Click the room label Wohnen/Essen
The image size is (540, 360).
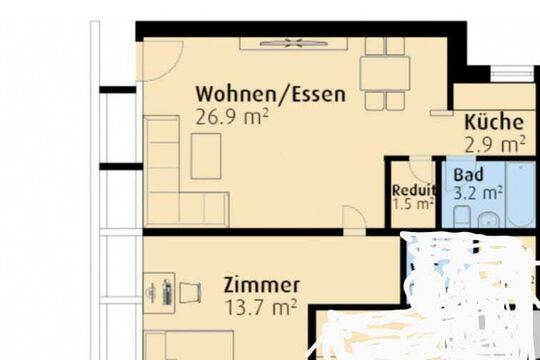(x=270, y=94)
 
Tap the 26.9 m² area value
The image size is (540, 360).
(x=231, y=117)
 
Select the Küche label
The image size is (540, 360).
(x=494, y=122)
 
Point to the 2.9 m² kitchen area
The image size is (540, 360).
(x=495, y=144)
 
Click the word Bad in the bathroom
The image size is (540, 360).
(x=468, y=175)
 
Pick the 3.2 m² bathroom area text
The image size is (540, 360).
(x=478, y=193)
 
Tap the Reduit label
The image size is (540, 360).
(x=414, y=190)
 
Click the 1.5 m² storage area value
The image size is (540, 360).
(x=413, y=204)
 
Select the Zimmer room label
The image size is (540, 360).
(x=262, y=285)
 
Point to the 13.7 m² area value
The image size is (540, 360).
(x=260, y=307)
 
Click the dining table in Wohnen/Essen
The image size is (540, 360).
(x=385, y=74)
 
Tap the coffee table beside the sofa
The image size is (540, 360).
(x=206, y=156)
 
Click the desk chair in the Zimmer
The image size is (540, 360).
(x=190, y=293)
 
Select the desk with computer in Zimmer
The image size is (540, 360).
(x=159, y=293)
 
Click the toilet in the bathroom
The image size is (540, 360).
(x=462, y=217)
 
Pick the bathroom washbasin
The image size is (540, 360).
(x=488, y=220)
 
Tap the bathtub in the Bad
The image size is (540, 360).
(x=521, y=194)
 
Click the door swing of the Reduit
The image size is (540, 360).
(x=421, y=171)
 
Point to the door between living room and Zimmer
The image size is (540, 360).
(x=354, y=220)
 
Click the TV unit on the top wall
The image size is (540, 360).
(x=293, y=44)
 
